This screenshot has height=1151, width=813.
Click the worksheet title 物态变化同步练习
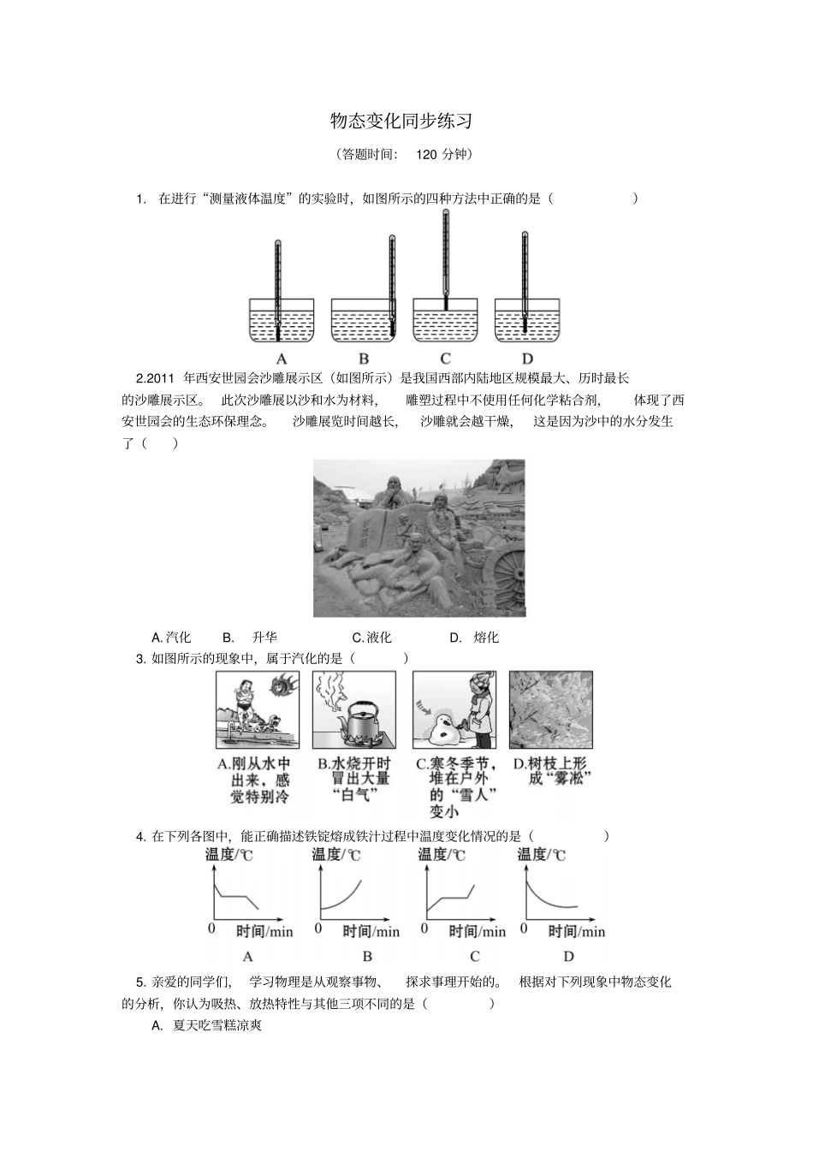pyautogui.click(x=401, y=122)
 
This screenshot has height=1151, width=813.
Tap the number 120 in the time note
pyautogui.click(x=427, y=155)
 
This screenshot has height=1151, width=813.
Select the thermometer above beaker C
pyautogui.click(x=445, y=257)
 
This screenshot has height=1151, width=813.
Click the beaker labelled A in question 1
pyautogui.click(x=281, y=321)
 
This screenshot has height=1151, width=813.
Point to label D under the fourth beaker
pyautogui.click(x=527, y=359)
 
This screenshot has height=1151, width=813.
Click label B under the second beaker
pyautogui.click(x=364, y=359)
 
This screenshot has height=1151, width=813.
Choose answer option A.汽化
pyautogui.click(x=171, y=638)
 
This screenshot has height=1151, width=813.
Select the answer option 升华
pyautogui.click(x=264, y=638)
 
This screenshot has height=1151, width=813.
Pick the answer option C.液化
pyautogui.click(x=371, y=638)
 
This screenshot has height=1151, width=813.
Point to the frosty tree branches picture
pyautogui.click(x=550, y=709)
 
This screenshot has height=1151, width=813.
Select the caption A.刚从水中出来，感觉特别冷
pyautogui.click(x=254, y=780)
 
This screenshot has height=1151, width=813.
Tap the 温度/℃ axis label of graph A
pyautogui.click(x=228, y=854)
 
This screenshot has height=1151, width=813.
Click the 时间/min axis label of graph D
pyautogui.click(x=576, y=931)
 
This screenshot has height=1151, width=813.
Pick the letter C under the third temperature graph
pyautogui.click(x=475, y=956)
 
